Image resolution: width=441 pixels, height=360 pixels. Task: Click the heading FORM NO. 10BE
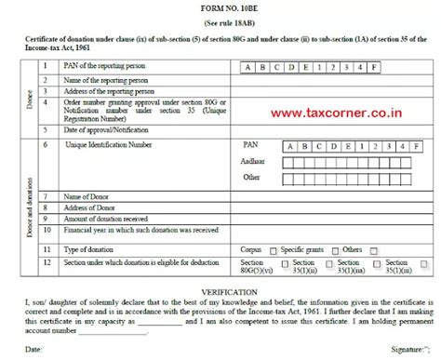click(x=220, y=8)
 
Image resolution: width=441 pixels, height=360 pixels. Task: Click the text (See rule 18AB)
click(x=220, y=21)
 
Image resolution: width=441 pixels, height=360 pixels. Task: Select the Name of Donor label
click(x=88, y=197)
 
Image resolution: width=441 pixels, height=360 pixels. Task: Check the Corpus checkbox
click(x=273, y=251)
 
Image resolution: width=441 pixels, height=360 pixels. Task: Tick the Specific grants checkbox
click(x=332, y=251)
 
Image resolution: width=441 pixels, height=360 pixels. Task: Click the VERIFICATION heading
click(x=220, y=291)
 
